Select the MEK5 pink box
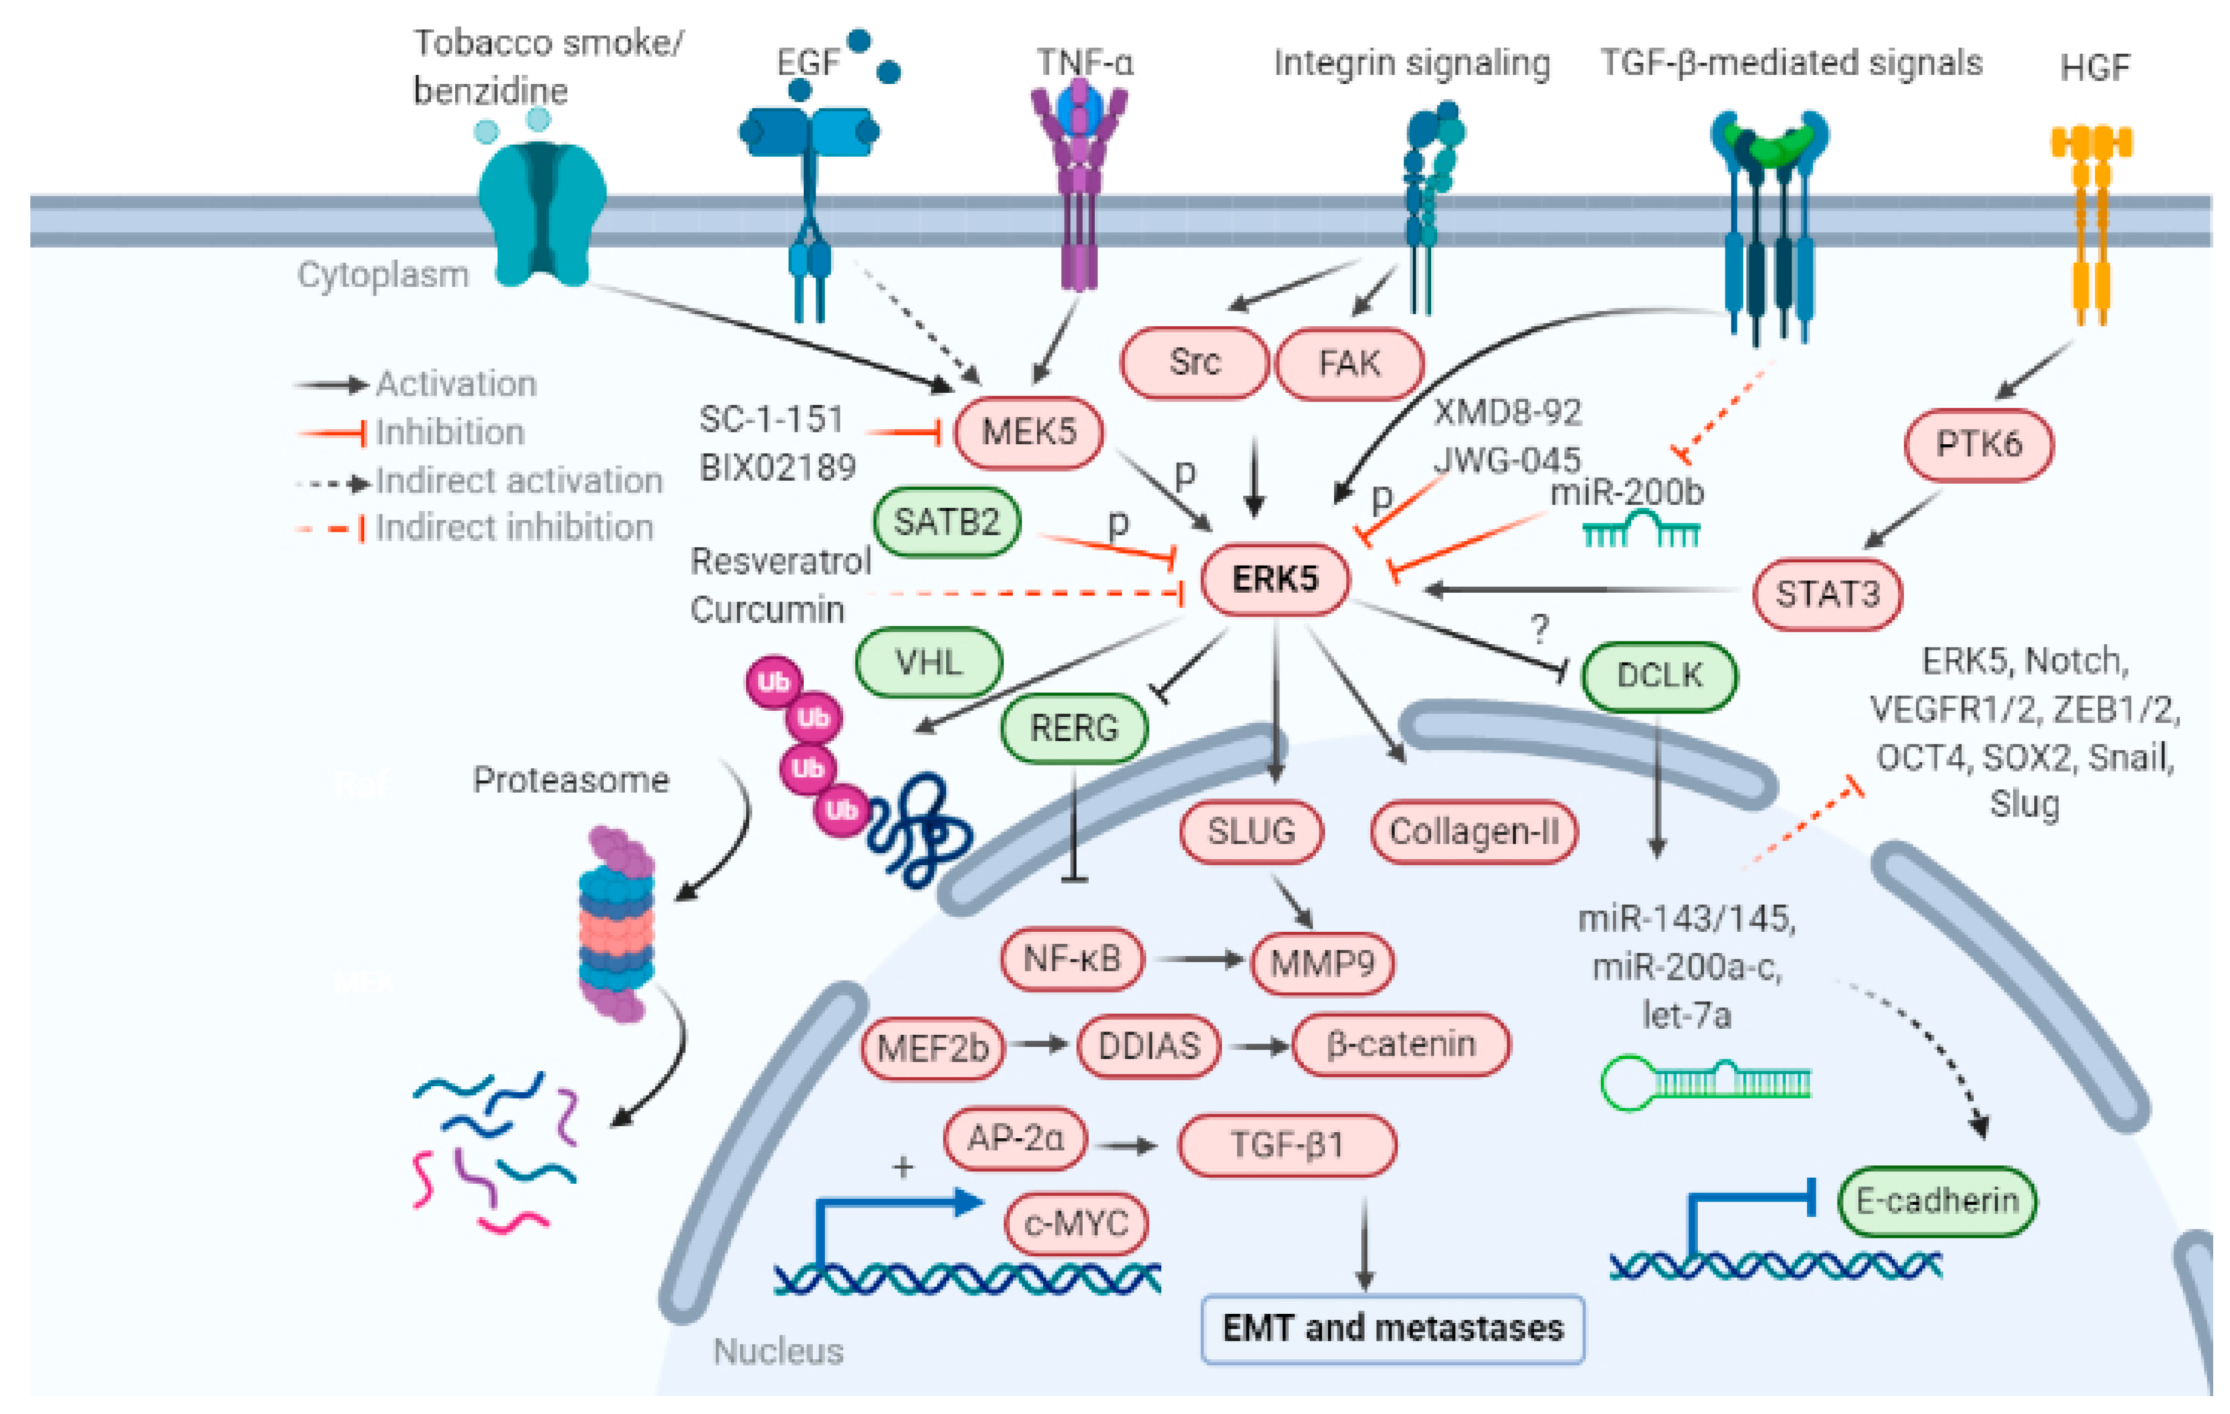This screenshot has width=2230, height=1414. [1028, 432]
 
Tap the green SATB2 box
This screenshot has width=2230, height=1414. [946, 522]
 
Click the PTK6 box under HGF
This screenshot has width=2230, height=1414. [1978, 444]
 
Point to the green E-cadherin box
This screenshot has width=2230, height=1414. [1936, 1201]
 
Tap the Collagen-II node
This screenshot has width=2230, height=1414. [1473, 832]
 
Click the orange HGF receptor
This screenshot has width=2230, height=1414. [2091, 222]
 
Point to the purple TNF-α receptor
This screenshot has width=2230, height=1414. [1079, 185]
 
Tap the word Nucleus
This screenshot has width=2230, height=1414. [778, 1352]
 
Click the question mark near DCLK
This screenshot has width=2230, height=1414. [1539, 629]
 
